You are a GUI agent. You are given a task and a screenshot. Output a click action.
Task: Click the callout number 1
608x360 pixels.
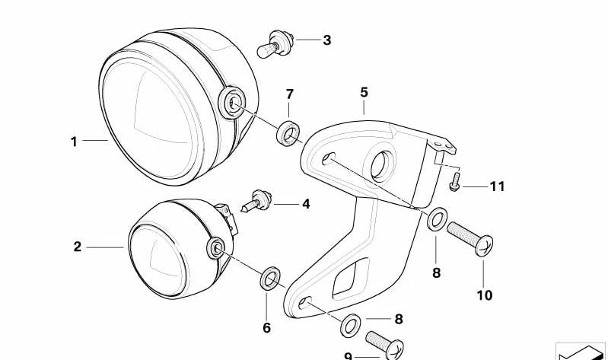[x=74, y=142]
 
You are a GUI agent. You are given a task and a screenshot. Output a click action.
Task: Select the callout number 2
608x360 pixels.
[x=78, y=247]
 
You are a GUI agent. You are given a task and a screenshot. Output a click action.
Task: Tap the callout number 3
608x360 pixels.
[x=327, y=40]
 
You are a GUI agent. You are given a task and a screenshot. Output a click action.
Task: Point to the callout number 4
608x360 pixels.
[x=307, y=204]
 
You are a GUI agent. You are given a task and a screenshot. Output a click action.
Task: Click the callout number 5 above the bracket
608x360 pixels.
[x=364, y=92]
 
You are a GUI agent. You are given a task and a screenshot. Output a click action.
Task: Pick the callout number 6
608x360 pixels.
[x=267, y=328]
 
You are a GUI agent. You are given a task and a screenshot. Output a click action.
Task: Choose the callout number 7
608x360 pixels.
[x=290, y=94]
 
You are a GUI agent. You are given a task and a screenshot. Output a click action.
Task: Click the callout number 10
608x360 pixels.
[x=484, y=295]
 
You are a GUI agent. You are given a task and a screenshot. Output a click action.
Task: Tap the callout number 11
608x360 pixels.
[x=498, y=186]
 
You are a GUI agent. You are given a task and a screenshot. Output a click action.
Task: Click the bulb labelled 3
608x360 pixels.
[x=275, y=44]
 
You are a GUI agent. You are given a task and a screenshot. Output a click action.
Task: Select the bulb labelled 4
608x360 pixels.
[x=256, y=201]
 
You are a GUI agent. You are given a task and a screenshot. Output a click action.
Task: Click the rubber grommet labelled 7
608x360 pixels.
[x=288, y=132]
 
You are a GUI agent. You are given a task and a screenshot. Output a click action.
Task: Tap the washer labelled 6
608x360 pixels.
[x=270, y=278]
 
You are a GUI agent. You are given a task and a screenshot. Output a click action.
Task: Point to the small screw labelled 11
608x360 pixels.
[x=455, y=182]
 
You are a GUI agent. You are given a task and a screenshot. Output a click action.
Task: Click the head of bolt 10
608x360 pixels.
[x=484, y=246]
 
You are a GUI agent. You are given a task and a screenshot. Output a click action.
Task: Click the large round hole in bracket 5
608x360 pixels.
[x=382, y=165]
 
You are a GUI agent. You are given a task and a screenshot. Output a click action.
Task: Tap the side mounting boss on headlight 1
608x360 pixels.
[x=232, y=103]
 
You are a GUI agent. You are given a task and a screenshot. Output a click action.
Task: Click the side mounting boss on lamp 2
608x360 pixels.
[x=215, y=248]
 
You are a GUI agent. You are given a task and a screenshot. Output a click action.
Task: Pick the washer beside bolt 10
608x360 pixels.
[x=437, y=219]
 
